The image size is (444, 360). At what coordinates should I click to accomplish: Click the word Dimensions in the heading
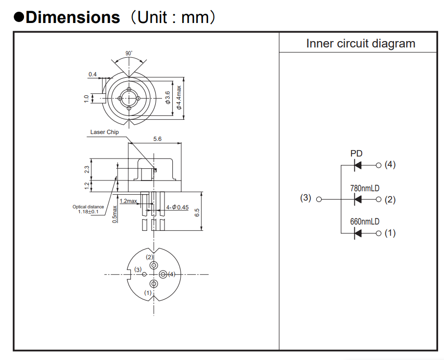point(73,17)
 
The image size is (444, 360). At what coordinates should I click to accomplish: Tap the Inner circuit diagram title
point(360,44)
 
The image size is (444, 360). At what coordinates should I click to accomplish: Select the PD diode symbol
point(358,165)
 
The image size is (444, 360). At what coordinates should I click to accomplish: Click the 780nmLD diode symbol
point(358,199)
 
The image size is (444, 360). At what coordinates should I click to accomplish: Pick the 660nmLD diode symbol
point(358,233)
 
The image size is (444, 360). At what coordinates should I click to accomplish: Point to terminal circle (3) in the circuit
point(319,199)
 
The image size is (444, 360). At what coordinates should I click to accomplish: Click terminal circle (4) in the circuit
point(378,165)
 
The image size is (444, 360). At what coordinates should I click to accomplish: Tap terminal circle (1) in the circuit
point(378,233)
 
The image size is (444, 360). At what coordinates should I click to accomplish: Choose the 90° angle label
point(129,53)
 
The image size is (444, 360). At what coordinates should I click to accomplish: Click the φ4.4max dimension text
point(179,98)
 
